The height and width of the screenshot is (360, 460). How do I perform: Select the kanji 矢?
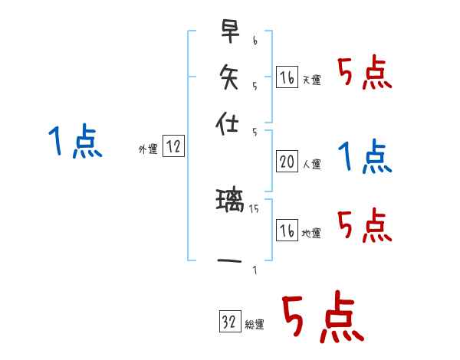(x=229, y=77)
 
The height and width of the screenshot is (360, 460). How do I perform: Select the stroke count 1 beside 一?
(x=254, y=270)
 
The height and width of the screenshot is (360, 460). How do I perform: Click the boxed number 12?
(x=173, y=148)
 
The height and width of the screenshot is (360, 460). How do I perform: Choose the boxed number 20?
(x=287, y=162)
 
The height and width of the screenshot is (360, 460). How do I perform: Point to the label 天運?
(x=312, y=80)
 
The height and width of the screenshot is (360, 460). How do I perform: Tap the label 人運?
(x=312, y=163)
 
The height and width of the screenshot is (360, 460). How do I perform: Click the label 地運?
(x=312, y=233)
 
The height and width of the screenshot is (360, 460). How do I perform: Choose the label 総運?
(x=255, y=325)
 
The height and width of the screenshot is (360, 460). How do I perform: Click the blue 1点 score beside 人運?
(x=364, y=157)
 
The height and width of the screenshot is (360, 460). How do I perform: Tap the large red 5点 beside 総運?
(x=321, y=318)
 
